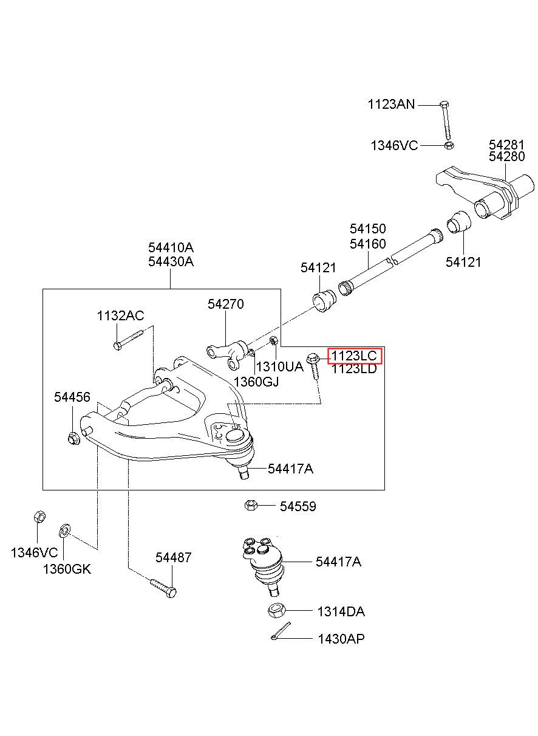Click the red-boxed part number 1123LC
[x=354, y=356]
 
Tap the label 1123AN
[x=391, y=105]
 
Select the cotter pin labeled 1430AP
[x=281, y=631]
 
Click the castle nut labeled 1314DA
[x=276, y=610]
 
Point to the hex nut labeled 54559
[x=251, y=505]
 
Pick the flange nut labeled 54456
[x=73, y=438]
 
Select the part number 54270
[x=225, y=304]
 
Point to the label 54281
[x=506, y=145]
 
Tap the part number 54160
[x=367, y=244]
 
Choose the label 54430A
[x=171, y=261]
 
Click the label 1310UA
[x=280, y=366]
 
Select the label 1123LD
[x=354, y=369]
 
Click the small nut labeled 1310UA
[x=274, y=341]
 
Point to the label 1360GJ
[x=256, y=382]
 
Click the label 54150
[x=367, y=229]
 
